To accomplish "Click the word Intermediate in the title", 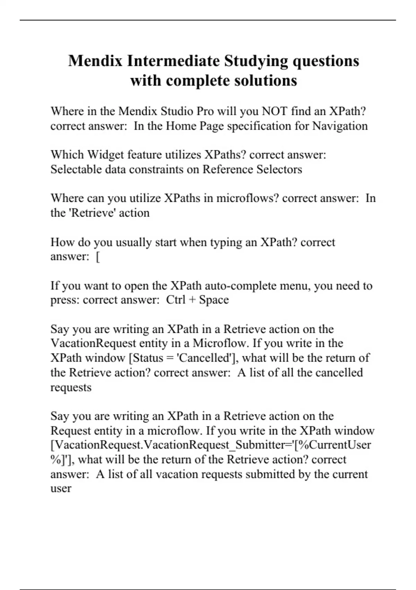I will point(173,61).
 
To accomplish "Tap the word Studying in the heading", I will point(256,61).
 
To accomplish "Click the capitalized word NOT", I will point(274,111).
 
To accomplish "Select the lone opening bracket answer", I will point(98,257).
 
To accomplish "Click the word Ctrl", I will point(175,300).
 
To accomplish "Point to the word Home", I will point(181,126).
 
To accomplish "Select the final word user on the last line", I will point(61,489).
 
